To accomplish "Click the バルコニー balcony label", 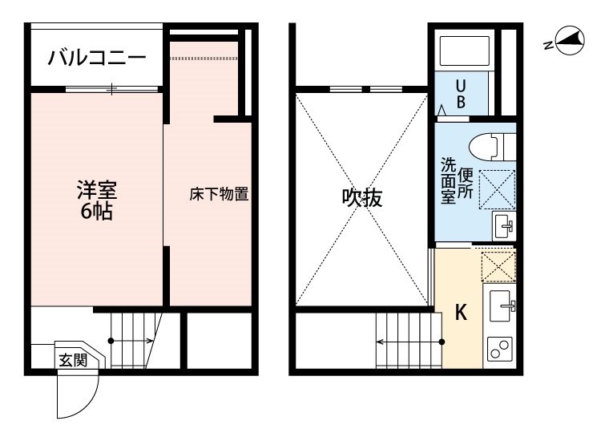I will (96, 58).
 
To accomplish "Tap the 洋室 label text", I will (97, 191).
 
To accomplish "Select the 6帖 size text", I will (97, 213).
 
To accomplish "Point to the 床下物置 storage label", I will (219, 194).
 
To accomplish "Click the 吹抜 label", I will (362, 198).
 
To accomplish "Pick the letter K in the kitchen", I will (461, 313).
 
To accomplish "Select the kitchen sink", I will (500, 305).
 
